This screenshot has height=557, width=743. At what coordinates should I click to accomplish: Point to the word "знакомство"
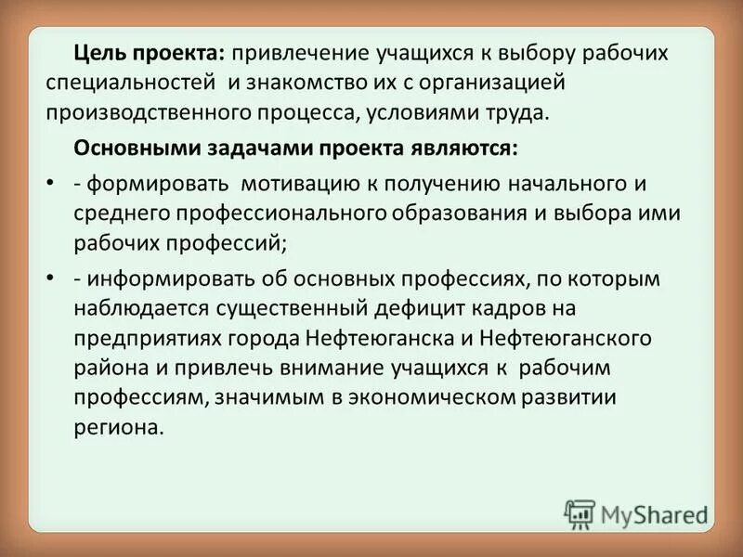(x=313, y=83)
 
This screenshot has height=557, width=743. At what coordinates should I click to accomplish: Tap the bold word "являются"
(x=463, y=149)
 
